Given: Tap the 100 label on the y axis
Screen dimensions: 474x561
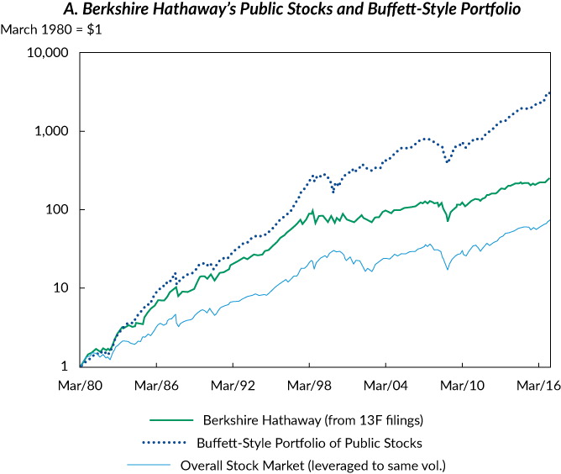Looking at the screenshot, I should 57,209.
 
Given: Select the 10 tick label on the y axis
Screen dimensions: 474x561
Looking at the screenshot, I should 60,287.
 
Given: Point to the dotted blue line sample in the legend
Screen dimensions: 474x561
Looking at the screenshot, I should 161,441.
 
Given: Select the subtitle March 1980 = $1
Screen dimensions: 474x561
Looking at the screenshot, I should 43,30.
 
